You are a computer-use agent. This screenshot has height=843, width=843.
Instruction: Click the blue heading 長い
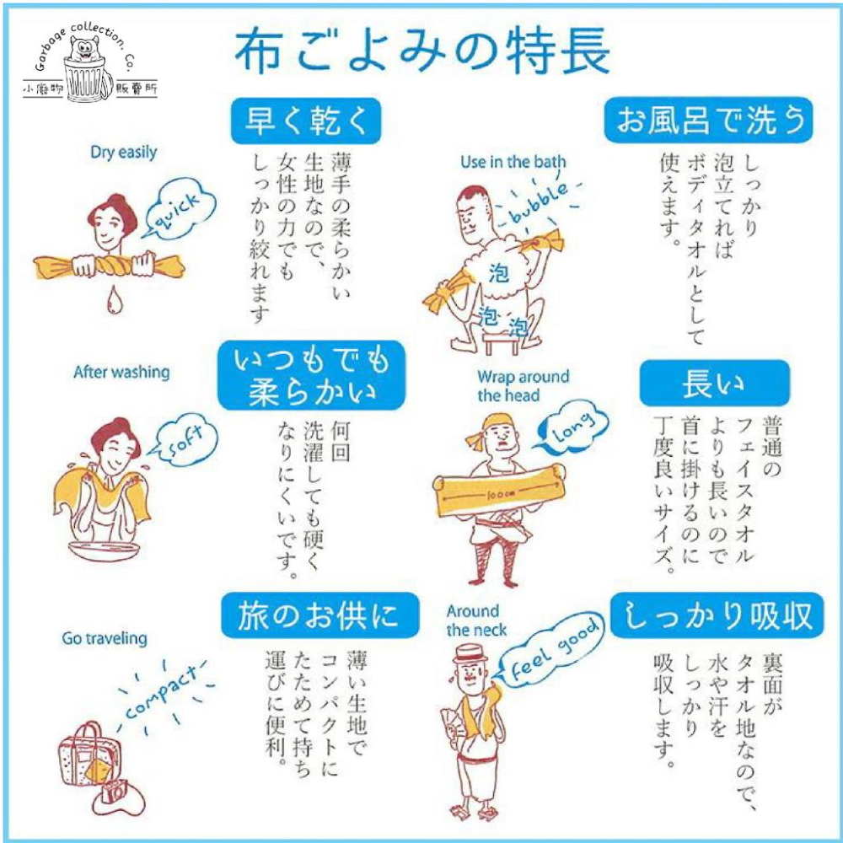(x=714, y=384)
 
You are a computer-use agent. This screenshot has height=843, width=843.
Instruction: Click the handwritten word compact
(x=162, y=693)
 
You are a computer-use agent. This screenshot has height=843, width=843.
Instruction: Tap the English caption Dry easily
(x=123, y=153)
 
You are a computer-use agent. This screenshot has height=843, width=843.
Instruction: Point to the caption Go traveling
(x=104, y=638)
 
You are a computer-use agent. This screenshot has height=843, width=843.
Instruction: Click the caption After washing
(x=121, y=372)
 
